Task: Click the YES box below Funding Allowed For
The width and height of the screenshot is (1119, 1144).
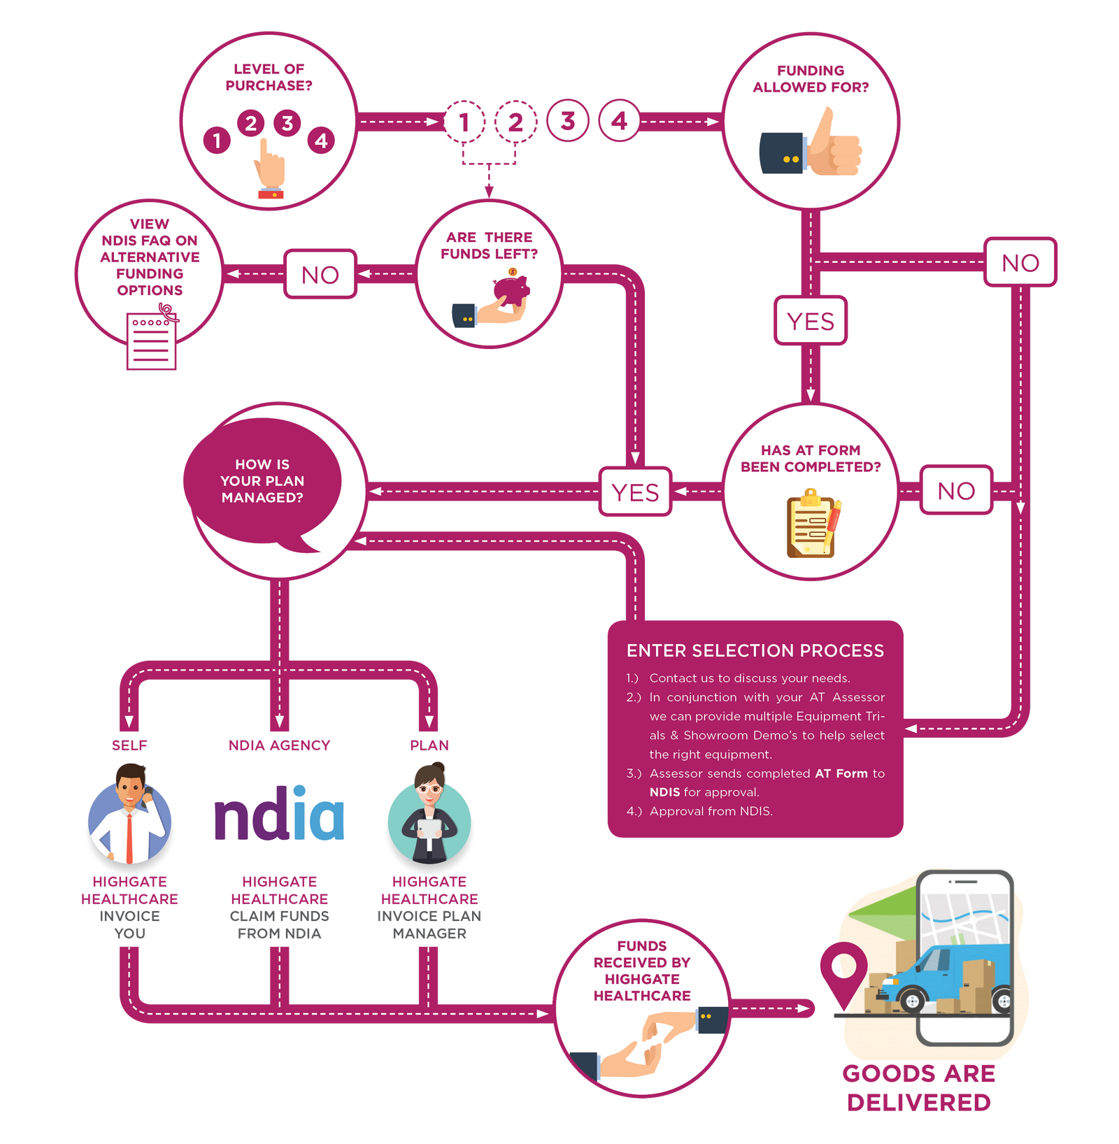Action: tap(810, 321)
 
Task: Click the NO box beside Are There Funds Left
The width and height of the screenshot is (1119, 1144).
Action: tap(320, 274)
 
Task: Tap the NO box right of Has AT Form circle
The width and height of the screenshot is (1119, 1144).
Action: tap(955, 490)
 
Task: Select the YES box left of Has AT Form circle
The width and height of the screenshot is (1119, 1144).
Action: tap(635, 492)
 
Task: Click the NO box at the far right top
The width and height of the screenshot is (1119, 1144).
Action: tap(1020, 262)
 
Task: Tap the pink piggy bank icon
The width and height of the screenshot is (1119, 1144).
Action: tap(511, 289)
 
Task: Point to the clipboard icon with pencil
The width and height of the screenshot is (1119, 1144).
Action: tap(812, 523)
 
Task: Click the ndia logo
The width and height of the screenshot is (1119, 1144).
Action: tap(279, 817)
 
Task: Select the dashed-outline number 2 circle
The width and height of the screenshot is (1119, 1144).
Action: tap(515, 122)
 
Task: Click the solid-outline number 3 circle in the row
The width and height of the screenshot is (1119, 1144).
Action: tap(568, 121)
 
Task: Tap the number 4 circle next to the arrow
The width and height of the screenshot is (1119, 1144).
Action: tap(619, 121)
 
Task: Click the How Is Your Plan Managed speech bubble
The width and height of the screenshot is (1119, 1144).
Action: tap(262, 481)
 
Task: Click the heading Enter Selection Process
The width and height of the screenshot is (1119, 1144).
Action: tap(755, 650)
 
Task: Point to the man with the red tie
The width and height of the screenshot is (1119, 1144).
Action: tap(129, 818)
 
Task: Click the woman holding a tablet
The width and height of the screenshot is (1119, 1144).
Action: tap(429, 818)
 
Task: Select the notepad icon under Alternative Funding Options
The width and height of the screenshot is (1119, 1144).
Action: tap(151, 341)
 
